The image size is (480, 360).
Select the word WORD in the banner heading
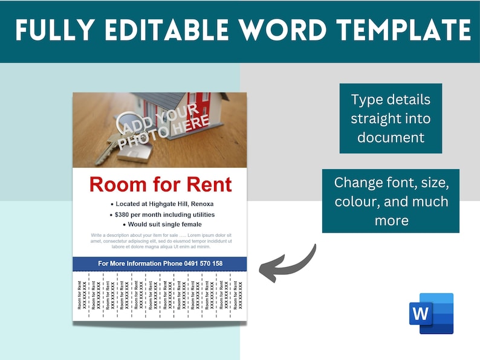click(281, 31)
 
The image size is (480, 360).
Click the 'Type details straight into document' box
click(390, 118)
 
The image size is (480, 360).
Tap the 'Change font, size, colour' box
click(391, 201)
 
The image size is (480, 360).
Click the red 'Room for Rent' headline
click(160, 184)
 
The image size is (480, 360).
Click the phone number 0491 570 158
click(202, 264)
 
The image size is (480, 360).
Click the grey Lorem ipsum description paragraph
click(160, 241)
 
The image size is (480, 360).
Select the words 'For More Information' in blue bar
click(129, 264)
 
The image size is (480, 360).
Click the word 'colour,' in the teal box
click(357, 201)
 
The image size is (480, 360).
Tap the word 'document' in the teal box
click(391, 137)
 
